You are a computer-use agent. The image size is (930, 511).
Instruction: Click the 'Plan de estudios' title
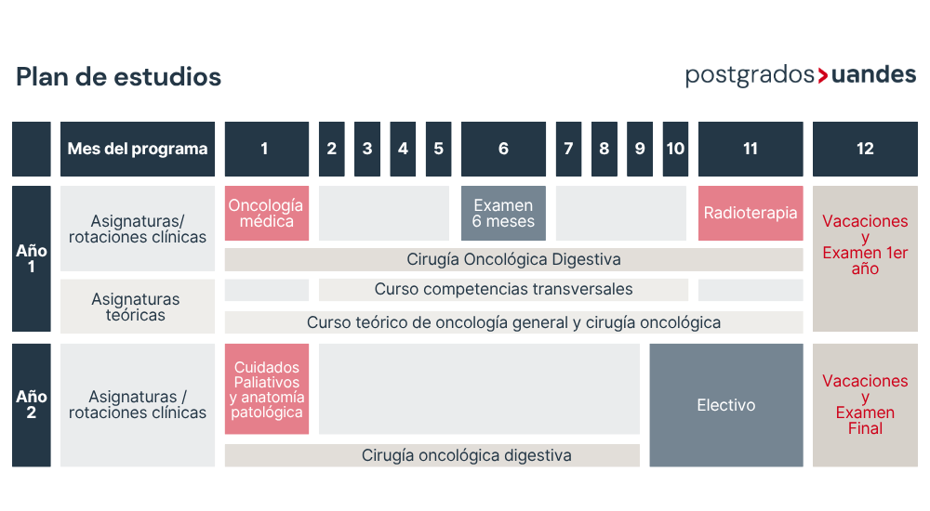pyautogui.click(x=119, y=77)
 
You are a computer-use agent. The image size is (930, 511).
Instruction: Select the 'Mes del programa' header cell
pyautogui.click(x=138, y=149)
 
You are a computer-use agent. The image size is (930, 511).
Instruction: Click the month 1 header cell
pyautogui.click(x=266, y=149)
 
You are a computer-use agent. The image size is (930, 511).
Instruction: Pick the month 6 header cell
pyautogui.click(x=503, y=149)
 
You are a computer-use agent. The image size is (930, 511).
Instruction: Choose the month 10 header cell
pyautogui.click(x=675, y=149)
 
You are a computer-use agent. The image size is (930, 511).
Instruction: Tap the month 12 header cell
pyautogui.click(x=865, y=149)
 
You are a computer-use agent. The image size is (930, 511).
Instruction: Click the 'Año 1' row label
pyautogui.click(x=32, y=258)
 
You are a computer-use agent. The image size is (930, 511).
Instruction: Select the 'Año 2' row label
pyautogui.click(x=32, y=405)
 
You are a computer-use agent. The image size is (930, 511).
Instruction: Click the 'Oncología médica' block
pyautogui.click(x=266, y=214)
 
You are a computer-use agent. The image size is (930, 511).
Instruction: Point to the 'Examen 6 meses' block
pyautogui.click(x=503, y=214)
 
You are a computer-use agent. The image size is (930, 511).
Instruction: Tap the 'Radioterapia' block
pyautogui.click(x=751, y=214)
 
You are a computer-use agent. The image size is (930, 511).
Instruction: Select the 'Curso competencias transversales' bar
pyautogui.click(x=503, y=290)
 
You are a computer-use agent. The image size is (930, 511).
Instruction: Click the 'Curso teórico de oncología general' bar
pyautogui.click(x=513, y=322)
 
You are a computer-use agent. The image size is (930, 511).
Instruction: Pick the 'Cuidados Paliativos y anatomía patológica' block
pyautogui.click(x=266, y=389)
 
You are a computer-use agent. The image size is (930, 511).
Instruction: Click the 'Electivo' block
pyautogui.click(x=726, y=405)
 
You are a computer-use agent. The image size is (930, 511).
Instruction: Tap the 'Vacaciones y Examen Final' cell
pyautogui.click(x=865, y=405)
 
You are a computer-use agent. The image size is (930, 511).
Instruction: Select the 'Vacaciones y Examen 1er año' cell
pyautogui.click(x=865, y=258)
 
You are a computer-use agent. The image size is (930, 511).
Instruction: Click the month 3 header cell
pyautogui.click(x=367, y=149)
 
